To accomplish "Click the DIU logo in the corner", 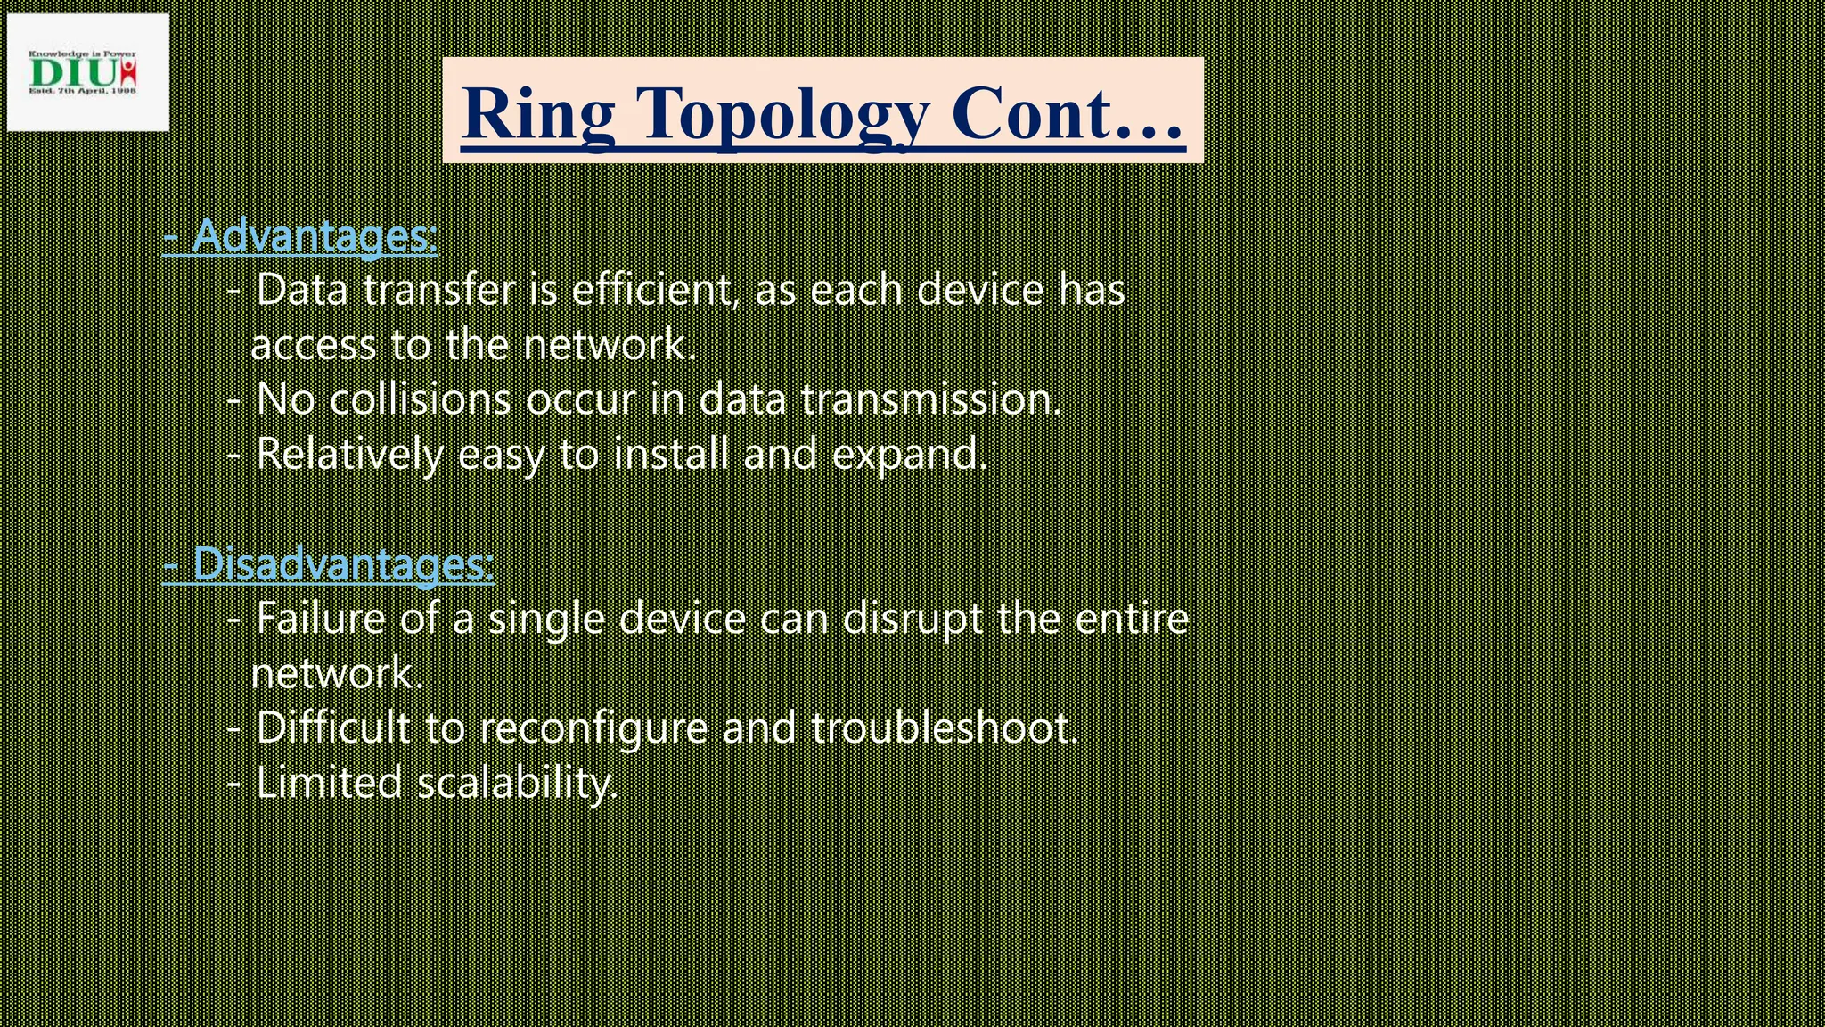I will coord(86,72).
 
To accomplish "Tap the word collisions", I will coord(420,399).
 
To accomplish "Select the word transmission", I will coord(931,399).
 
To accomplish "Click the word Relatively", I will coord(348,455).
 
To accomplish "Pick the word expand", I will coord(910,455).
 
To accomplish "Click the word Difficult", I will coord(332,728).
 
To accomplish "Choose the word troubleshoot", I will coord(945,728).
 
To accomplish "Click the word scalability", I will coord(517,784).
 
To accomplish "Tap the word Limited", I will coord(329,784).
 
